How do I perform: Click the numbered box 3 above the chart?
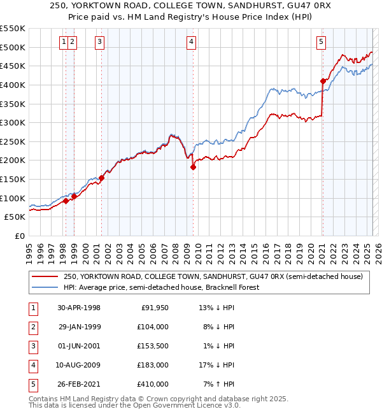[x=101, y=43]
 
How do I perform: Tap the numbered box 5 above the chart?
[x=320, y=43]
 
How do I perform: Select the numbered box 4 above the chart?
[x=191, y=43]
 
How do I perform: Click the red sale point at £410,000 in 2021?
[x=323, y=81]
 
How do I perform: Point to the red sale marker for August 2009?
[x=193, y=167]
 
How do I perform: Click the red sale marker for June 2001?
[x=101, y=178]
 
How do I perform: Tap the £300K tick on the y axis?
[x=13, y=122]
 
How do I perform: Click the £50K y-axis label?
[x=15, y=217]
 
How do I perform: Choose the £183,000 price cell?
[x=153, y=366]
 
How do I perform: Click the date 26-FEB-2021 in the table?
[x=79, y=385]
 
